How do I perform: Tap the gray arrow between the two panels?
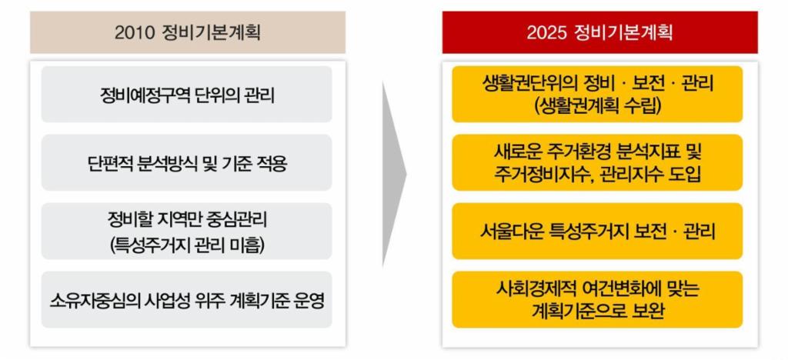[x=394, y=174]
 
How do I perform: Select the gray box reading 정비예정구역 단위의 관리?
[x=186, y=95]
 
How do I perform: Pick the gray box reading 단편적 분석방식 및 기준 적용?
[x=186, y=162]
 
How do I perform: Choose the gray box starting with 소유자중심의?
[x=186, y=300]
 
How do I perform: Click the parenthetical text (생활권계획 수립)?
[x=597, y=106]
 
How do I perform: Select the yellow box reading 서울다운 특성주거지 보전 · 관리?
[x=597, y=231]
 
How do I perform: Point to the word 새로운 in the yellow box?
[x=512, y=151]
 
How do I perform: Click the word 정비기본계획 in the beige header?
[x=212, y=32]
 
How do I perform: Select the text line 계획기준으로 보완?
[x=597, y=312]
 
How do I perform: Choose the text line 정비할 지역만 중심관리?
[x=187, y=219]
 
